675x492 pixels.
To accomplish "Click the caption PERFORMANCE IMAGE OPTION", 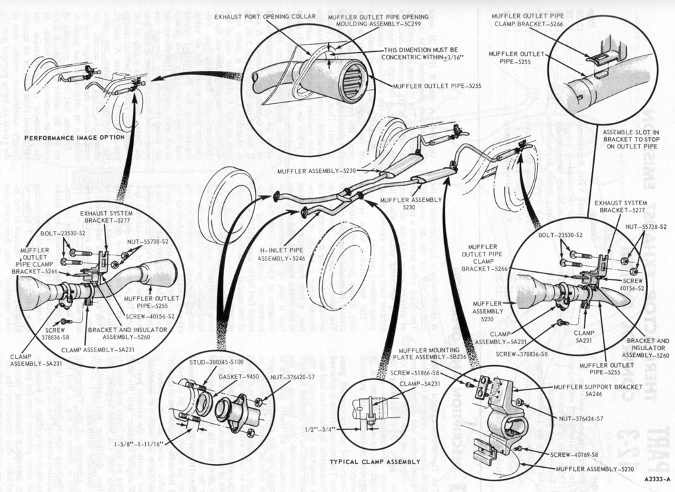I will point(74,137).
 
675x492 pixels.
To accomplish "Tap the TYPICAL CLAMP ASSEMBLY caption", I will point(375,462).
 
